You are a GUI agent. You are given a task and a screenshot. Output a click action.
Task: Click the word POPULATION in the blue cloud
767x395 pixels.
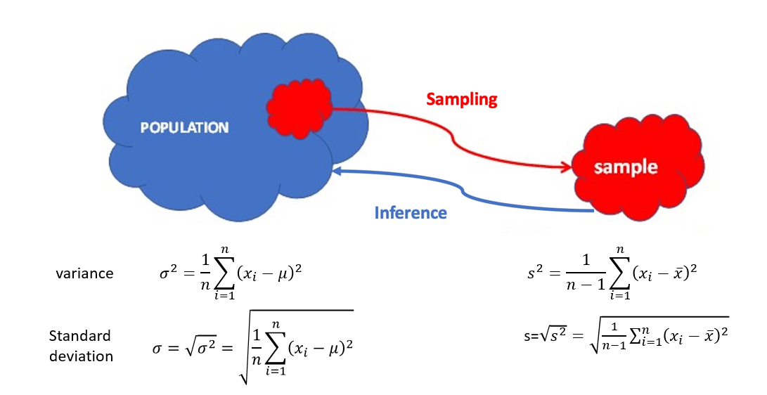click(184, 128)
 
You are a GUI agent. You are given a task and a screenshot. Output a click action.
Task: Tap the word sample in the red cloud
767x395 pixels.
click(625, 168)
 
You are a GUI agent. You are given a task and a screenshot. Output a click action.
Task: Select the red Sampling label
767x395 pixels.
click(462, 99)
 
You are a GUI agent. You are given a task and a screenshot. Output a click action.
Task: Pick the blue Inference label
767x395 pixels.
click(411, 212)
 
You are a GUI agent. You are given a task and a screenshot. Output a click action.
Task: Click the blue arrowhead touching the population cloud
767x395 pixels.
click(337, 171)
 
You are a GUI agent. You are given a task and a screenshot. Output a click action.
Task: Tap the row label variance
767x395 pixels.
click(84, 273)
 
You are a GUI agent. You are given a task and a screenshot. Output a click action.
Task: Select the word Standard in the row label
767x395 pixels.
click(80, 335)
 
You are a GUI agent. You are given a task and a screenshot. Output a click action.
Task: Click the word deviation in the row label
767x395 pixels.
click(81, 356)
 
